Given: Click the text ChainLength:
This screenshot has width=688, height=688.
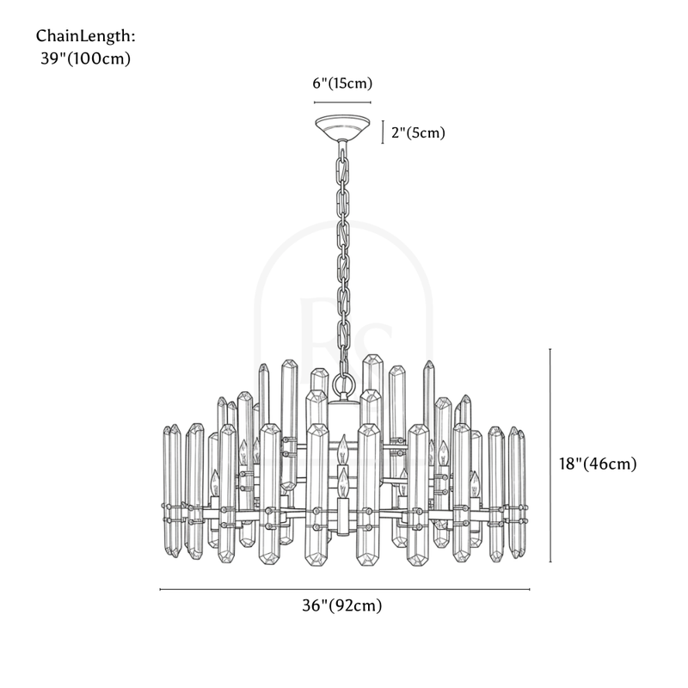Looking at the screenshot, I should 86,36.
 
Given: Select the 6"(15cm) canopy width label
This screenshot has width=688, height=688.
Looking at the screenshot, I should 341,83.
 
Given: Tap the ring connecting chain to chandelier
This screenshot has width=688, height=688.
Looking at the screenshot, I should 343,384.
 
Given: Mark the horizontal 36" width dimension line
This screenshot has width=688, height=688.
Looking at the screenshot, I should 344,589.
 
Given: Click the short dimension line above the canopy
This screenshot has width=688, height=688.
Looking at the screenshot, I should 341,101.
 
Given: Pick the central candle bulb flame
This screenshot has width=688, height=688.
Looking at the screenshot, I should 342,446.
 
